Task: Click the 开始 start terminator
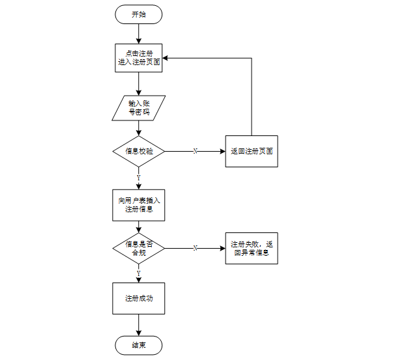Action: (138, 14)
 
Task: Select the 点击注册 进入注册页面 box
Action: (138, 57)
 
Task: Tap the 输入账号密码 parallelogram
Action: (138, 108)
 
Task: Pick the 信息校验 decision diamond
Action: (138, 151)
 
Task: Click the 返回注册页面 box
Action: (251, 151)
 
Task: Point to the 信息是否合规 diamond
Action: (138, 248)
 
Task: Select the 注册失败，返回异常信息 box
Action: (251, 248)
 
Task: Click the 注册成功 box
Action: (138, 299)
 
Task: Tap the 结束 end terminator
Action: (138, 345)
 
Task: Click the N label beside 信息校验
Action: (196, 151)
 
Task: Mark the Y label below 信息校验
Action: (138, 177)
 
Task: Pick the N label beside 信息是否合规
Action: (196, 248)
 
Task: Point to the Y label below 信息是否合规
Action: (138, 273)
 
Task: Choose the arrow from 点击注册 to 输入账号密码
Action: (138, 83)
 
